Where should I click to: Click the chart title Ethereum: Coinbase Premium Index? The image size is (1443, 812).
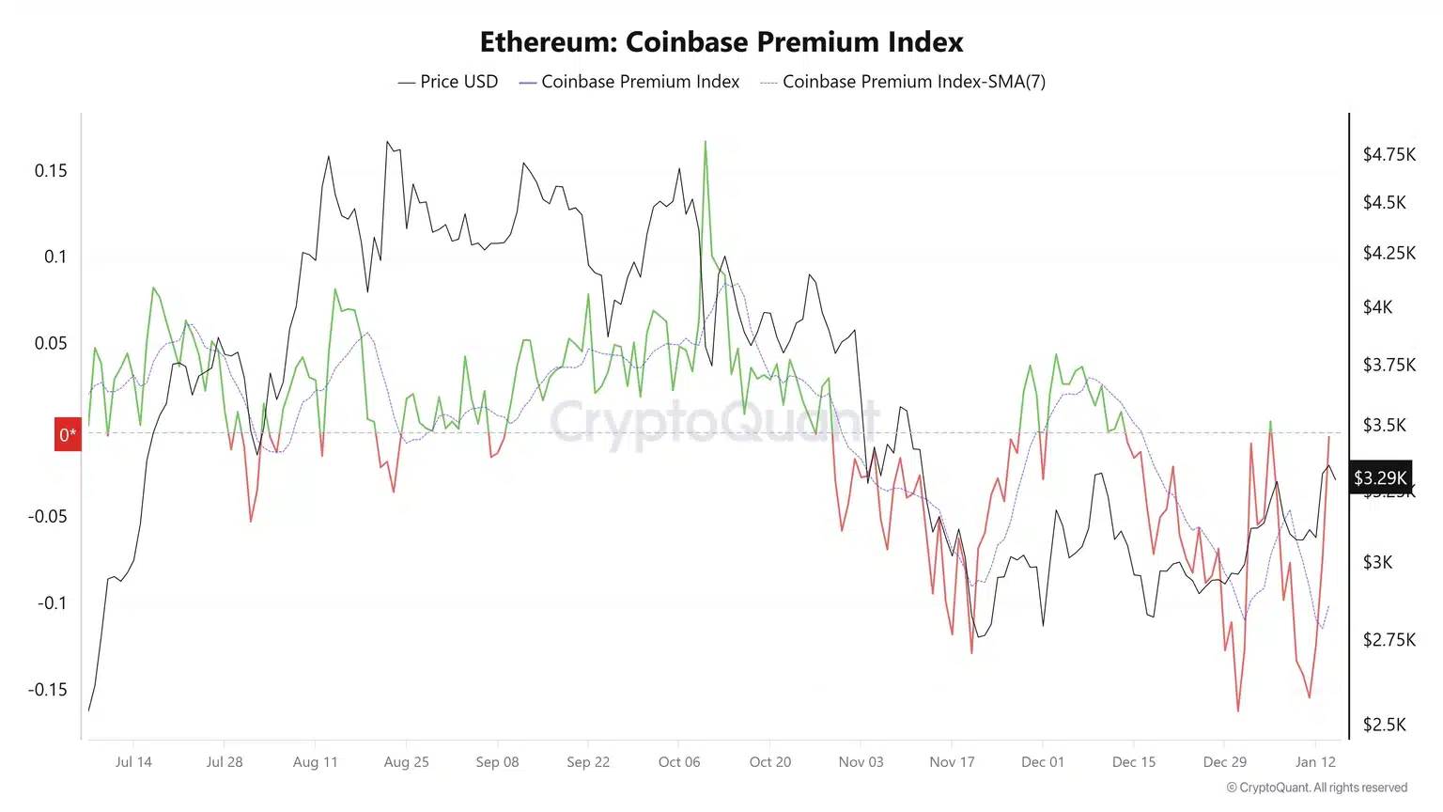tap(721, 42)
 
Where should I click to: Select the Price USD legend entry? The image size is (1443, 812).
tap(448, 82)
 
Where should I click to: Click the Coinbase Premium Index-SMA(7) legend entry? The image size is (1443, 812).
tap(903, 82)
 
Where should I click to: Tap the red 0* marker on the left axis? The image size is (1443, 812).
tap(68, 434)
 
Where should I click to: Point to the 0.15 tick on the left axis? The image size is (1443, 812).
tap(51, 170)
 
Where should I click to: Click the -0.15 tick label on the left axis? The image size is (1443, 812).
tap(47, 689)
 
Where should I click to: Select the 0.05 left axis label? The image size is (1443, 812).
tap(51, 343)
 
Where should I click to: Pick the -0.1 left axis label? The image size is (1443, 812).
tap(52, 602)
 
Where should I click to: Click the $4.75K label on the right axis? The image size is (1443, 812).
tap(1389, 154)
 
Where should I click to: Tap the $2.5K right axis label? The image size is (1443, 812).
tap(1385, 725)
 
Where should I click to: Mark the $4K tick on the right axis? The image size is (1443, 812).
tap(1377, 307)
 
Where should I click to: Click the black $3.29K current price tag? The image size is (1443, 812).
tap(1380, 477)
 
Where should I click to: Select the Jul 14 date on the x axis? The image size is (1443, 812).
tap(133, 761)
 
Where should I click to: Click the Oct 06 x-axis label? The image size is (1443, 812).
tap(679, 761)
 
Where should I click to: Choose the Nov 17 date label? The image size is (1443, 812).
tap(952, 761)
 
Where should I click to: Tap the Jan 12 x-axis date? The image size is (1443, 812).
tap(1315, 761)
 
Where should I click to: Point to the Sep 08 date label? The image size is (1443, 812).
tap(497, 761)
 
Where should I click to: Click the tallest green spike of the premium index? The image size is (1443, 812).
tap(706, 144)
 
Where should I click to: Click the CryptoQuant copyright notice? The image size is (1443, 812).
tap(1316, 788)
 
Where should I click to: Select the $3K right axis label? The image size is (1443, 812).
tap(1377, 562)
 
